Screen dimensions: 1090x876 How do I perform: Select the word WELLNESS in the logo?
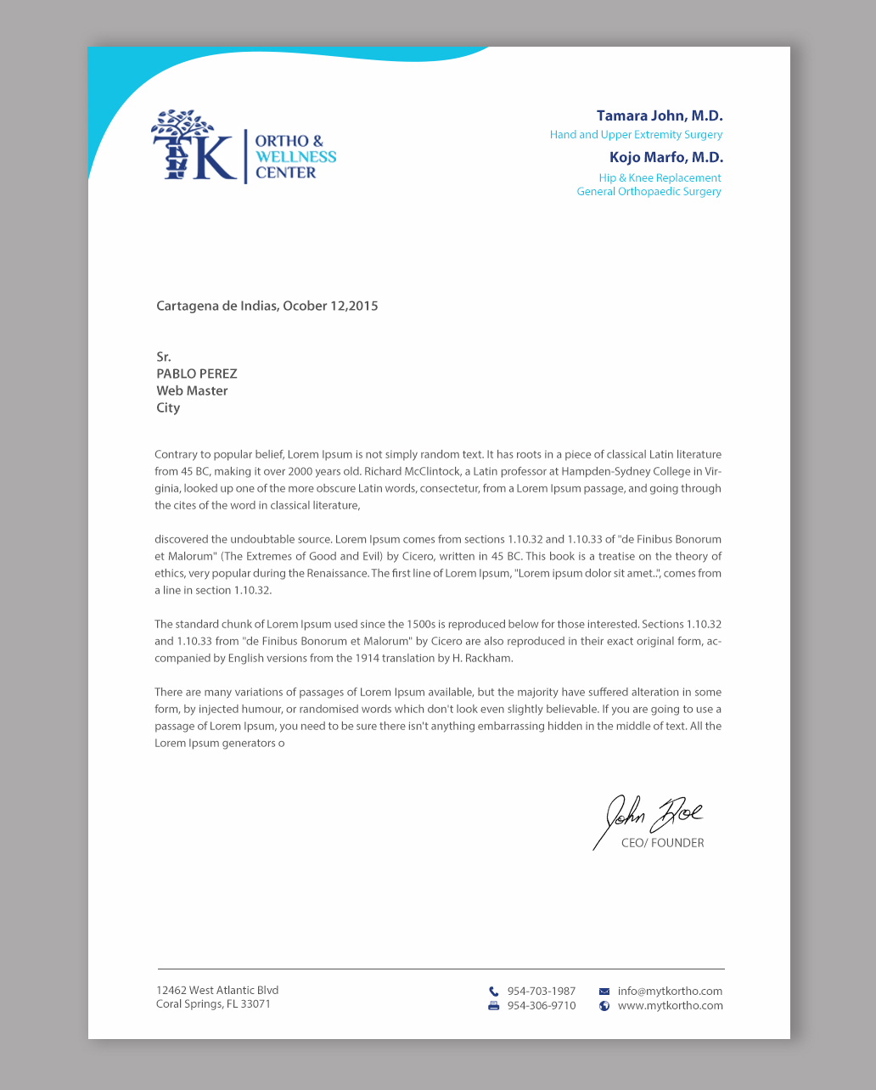pyautogui.click(x=295, y=157)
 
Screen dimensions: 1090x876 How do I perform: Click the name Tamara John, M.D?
pyautogui.click(x=660, y=116)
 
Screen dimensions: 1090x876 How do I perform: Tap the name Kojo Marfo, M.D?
pyautogui.click(x=665, y=158)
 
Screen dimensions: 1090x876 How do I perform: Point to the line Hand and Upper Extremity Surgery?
pyautogui.click(x=636, y=135)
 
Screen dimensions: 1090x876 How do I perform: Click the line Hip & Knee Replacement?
pyautogui.click(x=660, y=178)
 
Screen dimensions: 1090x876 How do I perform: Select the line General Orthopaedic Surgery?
pyautogui.click(x=649, y=192)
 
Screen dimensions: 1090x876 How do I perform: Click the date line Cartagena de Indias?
pyautogui.click(x=267, y=306)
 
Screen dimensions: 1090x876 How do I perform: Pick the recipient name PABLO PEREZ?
pyautogui.click(x=196, y=374)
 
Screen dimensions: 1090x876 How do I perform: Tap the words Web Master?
pyautogui.click(x=192, y=391)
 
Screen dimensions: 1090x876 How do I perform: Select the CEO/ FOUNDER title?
pyautogui.click(x=662, y=844)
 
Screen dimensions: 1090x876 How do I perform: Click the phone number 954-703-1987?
pyautogui.click(x=541, y=992)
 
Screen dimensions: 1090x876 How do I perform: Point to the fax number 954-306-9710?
pyautogui.click(x=541, y=1006)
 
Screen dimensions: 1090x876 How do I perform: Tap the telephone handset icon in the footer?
pyautogui.click(x=493, y=992)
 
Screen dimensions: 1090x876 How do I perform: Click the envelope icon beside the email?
pyautogui.click(x=604, y=992)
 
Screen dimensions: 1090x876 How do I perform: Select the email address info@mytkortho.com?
pyautogui.click(x=670, y=992)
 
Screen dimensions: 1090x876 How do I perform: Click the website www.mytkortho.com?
pyautogui.click(x=670, y=1006)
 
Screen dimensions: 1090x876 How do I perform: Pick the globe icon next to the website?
pyautogui.click(x=604, y=1006)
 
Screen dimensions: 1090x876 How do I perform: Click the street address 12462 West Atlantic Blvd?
pyautogui.click(x=217, y=991)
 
